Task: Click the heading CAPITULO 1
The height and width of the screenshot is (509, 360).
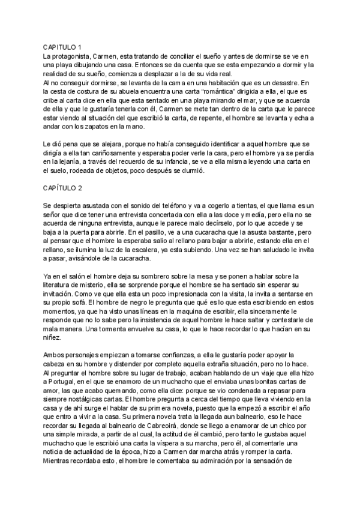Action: [62, 47]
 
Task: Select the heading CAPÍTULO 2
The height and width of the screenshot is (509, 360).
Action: [62, 188]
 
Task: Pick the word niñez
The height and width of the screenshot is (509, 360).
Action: [53, 338]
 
